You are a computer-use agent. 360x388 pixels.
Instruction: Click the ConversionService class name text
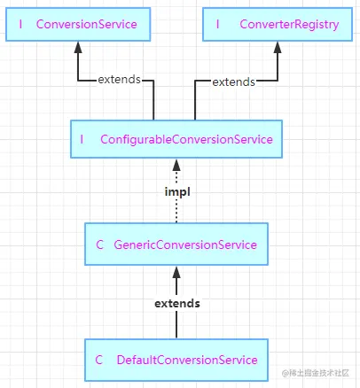[x=87, y=24]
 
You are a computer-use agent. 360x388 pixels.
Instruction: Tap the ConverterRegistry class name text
[x=289, y=25]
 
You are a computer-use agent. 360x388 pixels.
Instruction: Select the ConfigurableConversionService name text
[x=186, y=140]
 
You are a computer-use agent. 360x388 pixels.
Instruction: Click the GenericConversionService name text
[x=185, y=245]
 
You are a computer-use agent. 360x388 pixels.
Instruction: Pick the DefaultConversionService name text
[x=187, y=360]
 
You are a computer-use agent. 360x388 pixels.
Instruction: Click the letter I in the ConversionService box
[x=20, y=24]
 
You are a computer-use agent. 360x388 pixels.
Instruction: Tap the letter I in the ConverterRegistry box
[x=217, y=24]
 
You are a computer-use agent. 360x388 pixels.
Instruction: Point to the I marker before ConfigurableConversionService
[x=82, y=139]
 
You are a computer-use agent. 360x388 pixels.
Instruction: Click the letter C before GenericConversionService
[x=100, y=244]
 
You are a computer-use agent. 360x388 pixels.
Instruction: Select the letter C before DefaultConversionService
[x=99, y=360]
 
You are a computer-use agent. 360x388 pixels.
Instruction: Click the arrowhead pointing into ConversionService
[x=78, y=47]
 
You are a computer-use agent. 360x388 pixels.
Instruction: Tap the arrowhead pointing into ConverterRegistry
[x=278, y=47]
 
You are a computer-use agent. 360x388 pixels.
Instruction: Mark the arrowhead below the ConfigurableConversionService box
[x=176, y=165]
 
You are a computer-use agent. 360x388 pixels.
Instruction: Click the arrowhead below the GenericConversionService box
[x=176, y=272]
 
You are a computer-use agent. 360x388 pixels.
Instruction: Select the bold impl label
[x=177, y=192]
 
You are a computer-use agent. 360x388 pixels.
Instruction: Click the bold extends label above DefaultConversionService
[x=177, y=304]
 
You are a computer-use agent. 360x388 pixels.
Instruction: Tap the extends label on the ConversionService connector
[x=120, y=80]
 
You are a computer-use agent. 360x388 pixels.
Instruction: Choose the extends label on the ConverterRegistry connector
[x=233, y=82]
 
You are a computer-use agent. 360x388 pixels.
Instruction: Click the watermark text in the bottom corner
[x=316, y=373]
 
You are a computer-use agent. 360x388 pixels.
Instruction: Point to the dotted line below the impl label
[x=176, y=211]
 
